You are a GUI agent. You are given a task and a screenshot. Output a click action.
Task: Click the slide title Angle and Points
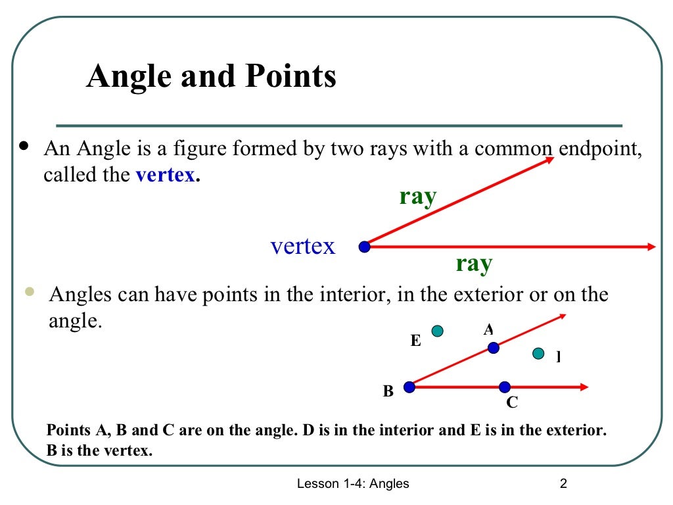[211, 77]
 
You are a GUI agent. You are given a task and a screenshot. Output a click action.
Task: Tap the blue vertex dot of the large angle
[364, 247]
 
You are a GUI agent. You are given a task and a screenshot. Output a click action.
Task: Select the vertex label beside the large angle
[303, 247]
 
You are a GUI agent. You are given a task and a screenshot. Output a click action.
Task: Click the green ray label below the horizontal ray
[474, 264]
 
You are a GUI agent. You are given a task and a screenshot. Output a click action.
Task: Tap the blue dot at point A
[493, 347]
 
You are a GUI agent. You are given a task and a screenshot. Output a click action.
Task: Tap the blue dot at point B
[409, 387]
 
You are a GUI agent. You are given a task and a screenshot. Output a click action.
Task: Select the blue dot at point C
[504, 387]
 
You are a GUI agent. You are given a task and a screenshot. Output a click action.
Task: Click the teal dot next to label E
[437, 331]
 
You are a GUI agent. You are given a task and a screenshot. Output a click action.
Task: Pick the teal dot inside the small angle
[539, 354]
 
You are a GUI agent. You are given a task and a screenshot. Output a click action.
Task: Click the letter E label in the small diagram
[415, 341]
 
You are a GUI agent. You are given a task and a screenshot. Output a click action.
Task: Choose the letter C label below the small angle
[511, 402]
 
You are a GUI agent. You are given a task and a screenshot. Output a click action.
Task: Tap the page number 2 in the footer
[563, 484]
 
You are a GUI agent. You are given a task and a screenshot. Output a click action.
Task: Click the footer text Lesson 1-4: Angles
[353, 484]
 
